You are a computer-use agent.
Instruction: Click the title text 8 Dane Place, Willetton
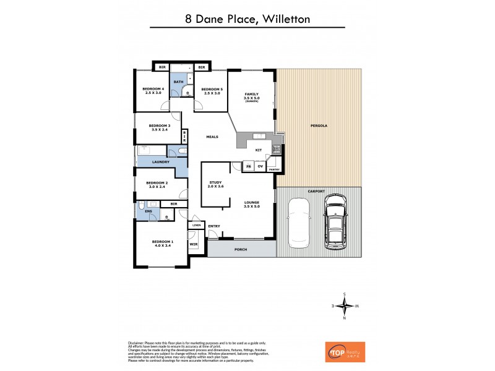[247, 19]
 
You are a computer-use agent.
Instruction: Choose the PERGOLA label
[318, 126]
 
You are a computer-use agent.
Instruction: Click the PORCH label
[242, 250]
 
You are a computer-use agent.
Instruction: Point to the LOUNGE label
[251, 203]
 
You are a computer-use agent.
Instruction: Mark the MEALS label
[212, 137]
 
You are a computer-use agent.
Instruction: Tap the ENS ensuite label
[148, 211]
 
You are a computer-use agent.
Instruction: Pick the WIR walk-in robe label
[194, 245]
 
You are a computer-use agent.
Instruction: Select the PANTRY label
[275, 169]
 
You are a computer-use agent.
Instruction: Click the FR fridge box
[248, 166]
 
